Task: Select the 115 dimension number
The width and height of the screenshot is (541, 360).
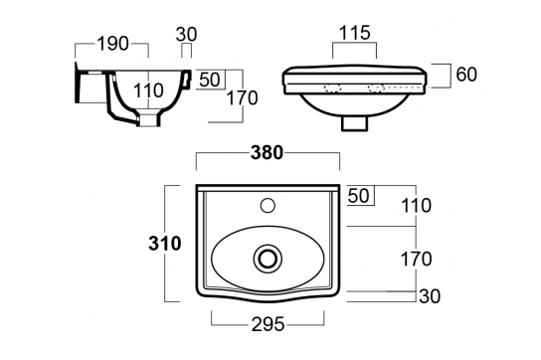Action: tap(354, 34)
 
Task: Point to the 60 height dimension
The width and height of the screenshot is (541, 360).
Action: tap(468, 75)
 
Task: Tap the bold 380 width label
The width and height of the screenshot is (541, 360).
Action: tap(268, 153)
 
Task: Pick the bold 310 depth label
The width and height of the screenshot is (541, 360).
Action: tap(162, 242)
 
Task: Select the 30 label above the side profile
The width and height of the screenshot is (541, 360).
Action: tap(186, 34)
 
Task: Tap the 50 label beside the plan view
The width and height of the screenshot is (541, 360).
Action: tap(360, 196)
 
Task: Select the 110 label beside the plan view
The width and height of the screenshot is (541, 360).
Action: tap(417, 206)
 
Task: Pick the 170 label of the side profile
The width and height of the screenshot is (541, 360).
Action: tap(242, 98)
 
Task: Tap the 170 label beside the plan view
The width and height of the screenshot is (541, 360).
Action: tap(417, 260)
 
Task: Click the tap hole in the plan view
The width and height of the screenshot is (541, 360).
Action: tap(267, 207)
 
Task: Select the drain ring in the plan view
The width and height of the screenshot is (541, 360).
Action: tap(268, 258)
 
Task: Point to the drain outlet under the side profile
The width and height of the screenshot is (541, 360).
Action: tap(149, 120)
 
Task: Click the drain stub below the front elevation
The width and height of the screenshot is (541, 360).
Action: tap(355, 124)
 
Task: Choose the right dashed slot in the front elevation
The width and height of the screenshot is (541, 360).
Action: tap(380, 87)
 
